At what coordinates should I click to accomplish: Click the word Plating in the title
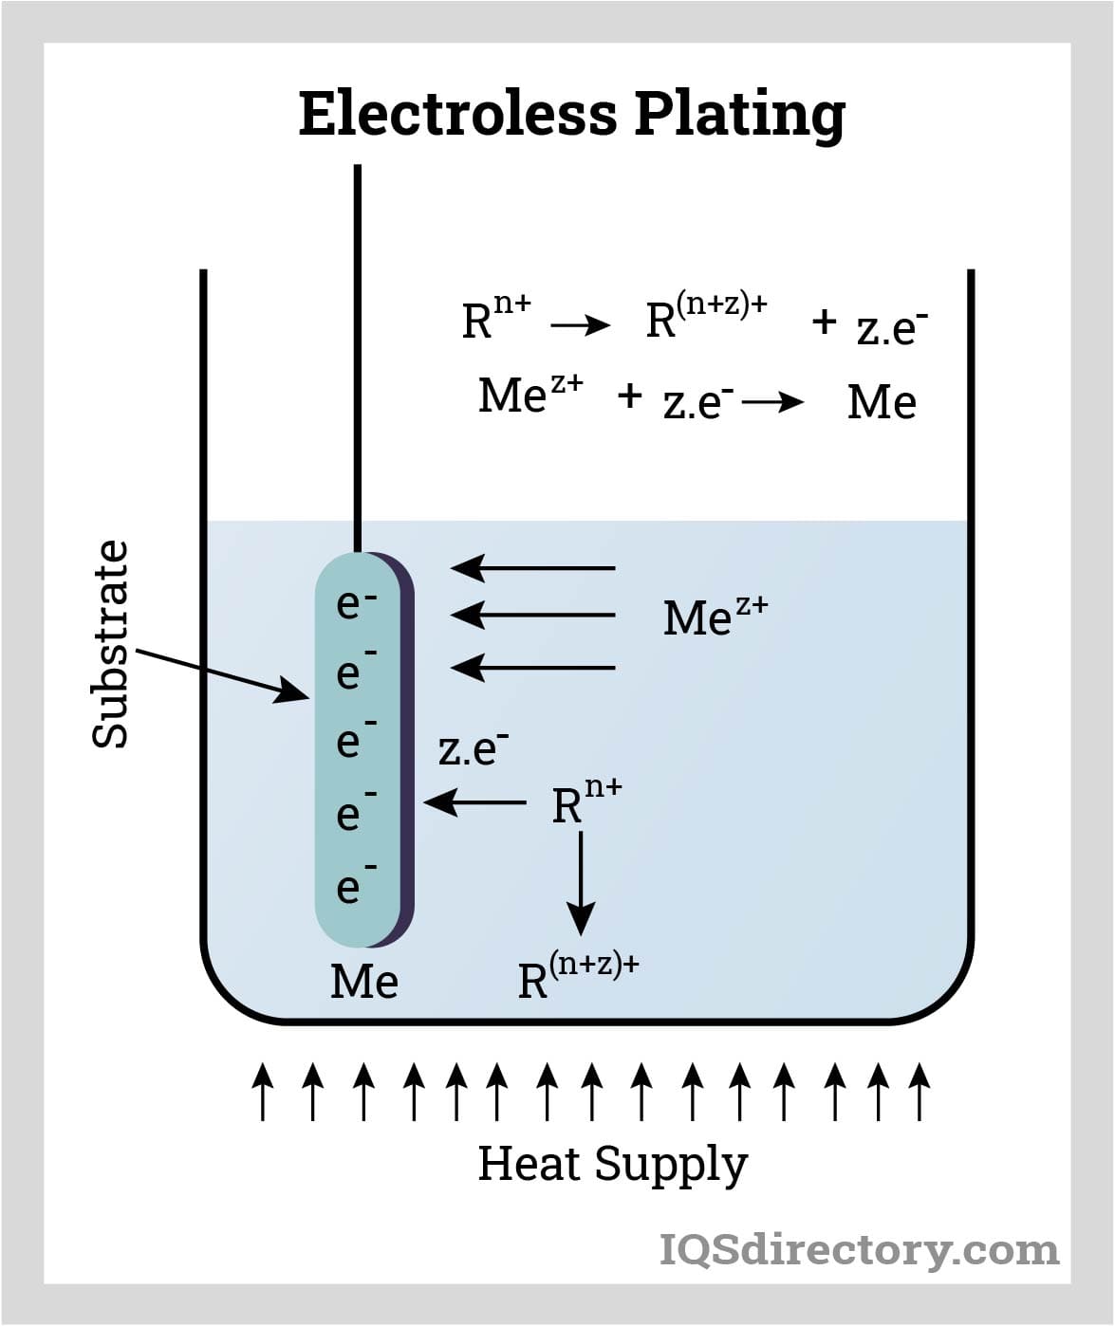[739, 116]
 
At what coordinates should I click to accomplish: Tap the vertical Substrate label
[110, 644]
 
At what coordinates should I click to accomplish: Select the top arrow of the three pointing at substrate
[532, 568]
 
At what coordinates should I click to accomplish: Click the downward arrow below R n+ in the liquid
[581, 883]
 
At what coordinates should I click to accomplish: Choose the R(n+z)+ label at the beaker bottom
[577, 977]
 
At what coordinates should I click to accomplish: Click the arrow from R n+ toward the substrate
[474, 802]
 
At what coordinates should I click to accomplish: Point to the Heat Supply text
[612, 1164]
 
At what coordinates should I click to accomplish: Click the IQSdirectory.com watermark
[859, 1249]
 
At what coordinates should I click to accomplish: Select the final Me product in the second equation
[882, 402]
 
